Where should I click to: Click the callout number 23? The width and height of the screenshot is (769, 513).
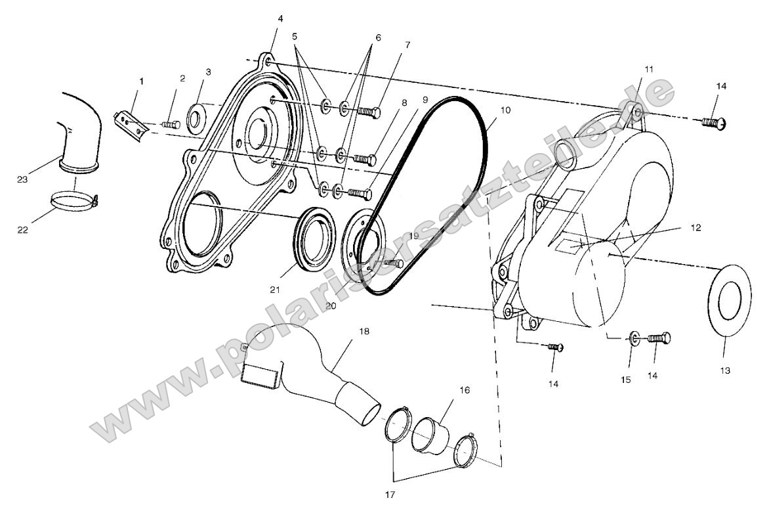coord(22,180)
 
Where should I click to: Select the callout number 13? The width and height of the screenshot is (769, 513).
coord(725,370)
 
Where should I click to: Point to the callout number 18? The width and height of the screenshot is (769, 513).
coord(364,331)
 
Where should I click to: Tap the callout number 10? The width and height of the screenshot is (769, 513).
coord(505,110)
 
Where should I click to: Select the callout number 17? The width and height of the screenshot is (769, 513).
coord(390,495)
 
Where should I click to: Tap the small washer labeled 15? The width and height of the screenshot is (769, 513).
coord(634,337)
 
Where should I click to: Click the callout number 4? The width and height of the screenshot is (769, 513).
coord(280,18)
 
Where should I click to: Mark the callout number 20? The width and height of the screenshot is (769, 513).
coord(331,305)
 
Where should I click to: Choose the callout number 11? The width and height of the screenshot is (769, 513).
coord(649,69)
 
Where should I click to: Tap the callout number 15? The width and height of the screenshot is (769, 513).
coord(626,380)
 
